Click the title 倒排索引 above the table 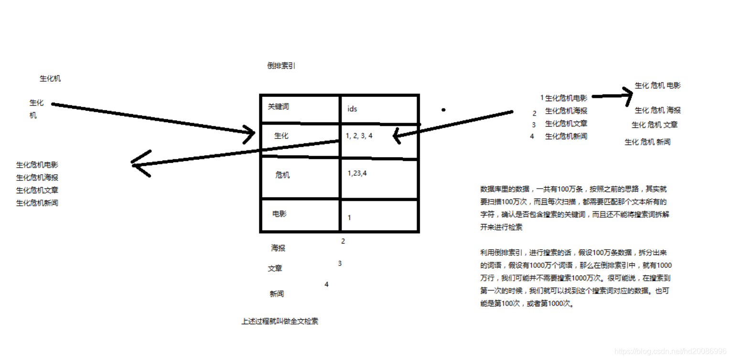tap(281, 66)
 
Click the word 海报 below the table tap(278, 248)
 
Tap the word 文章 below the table tap(275, 269)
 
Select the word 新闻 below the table tap(277, 294)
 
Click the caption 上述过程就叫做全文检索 tap(280, 322)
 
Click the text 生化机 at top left tap(50, 79)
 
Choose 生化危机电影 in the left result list tap(37, 165)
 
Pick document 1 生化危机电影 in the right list tap(564, 98)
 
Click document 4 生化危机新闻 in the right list tap(559, 137)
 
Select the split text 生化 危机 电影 tap(657, 86)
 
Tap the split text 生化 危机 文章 tap(655, 125)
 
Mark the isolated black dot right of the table tap(443, 110)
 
